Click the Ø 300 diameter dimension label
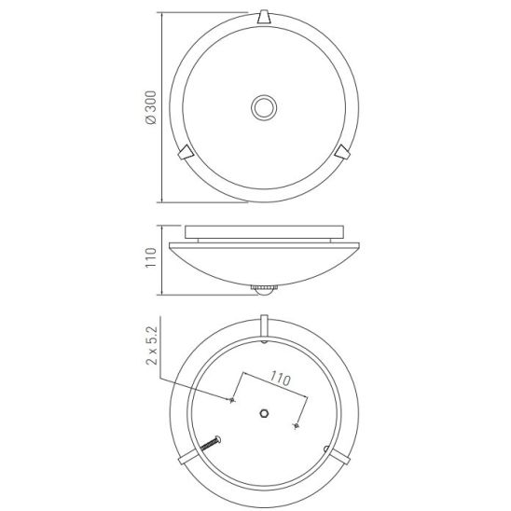(x=151, y=107)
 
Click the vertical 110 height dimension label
(x=151, y=257)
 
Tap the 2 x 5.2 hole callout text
(x=152, y=345)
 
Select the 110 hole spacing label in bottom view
(x=281, y=379)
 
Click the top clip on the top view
(x=264, y=17)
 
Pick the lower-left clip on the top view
(x=186, y=152)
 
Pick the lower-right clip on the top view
(x=342, y=152)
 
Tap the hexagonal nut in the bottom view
(x=264, y=414)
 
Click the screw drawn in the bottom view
(x=210, y=444)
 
